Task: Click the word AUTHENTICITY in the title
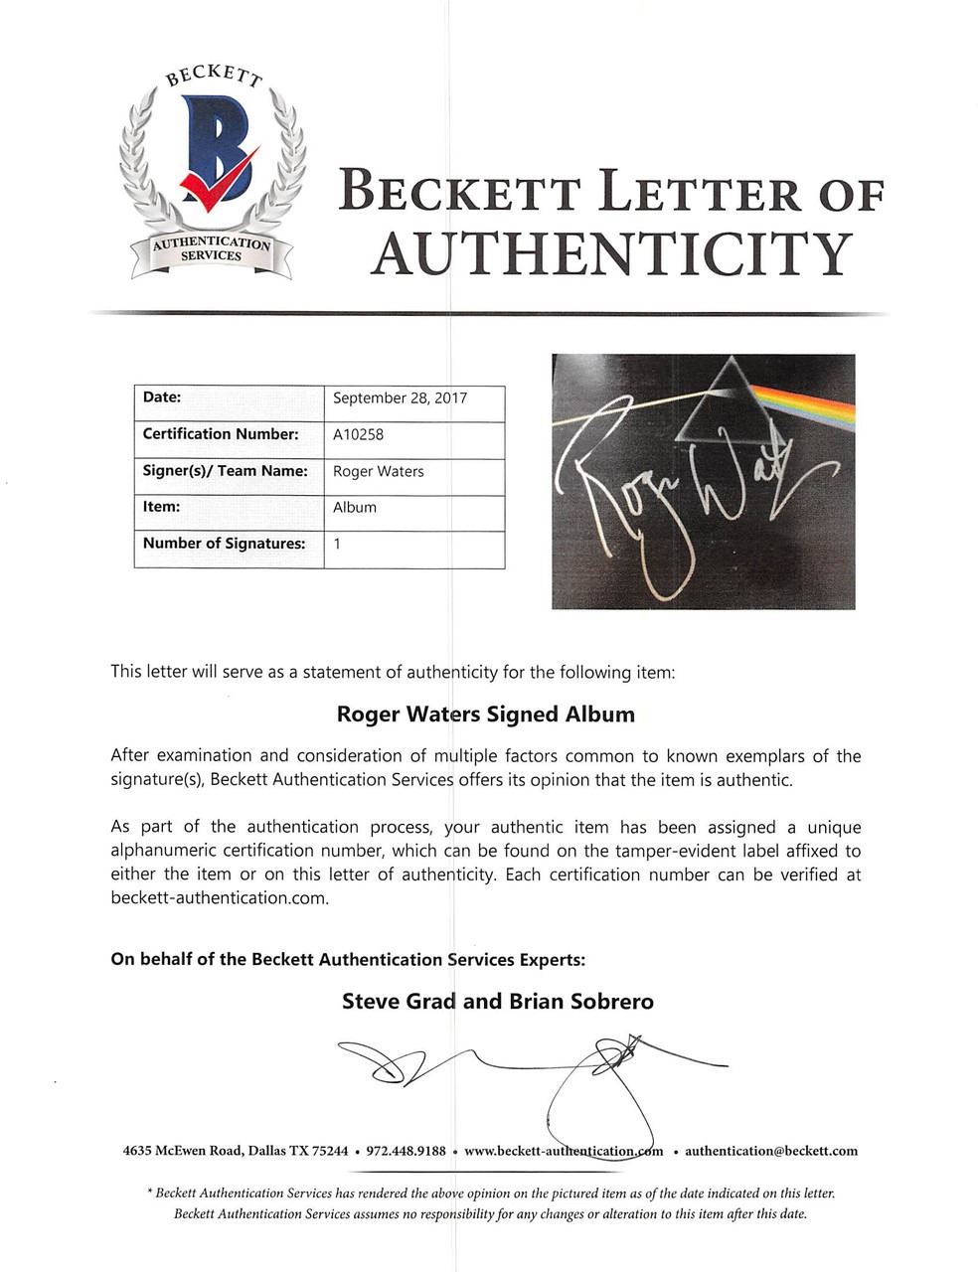(611, 253)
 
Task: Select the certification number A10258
(358, 434)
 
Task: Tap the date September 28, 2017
(400, 397)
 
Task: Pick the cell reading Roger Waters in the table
(378, 471)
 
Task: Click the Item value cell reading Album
(355, 507)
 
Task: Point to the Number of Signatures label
(224, 544)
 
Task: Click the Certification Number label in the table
(220, 434)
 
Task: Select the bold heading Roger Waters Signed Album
(485, 714)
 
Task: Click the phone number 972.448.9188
(406, 1151)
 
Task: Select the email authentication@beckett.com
(770, 1151)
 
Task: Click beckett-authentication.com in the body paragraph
(219, 898)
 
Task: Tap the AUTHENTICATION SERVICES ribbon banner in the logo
(211, 249)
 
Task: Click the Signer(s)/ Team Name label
(225, 471)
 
